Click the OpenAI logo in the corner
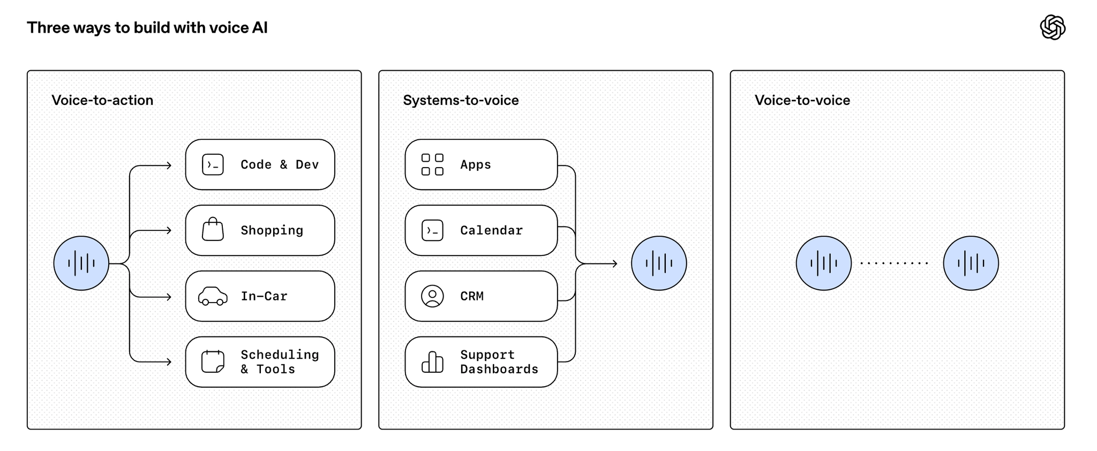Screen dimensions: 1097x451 coord(1053,27)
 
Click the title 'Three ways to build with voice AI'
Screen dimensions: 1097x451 coord(147,28)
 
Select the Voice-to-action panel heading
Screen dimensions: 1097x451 coord(102,100)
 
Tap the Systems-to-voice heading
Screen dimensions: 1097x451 coord(461,100)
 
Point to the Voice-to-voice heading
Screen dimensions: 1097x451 coord(802,100)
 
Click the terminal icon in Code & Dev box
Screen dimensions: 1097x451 coord(213,165)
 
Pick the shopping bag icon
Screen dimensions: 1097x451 coord(213,229)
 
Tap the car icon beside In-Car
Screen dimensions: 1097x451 coord(213,296)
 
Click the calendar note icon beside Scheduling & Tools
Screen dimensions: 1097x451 coord(213,362)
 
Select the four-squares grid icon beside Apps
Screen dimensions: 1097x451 coord(432,164)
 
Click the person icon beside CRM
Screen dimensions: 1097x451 coord(432,296)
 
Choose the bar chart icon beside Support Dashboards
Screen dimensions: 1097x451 coord(432,362)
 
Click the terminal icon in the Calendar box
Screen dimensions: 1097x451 coord(432,230)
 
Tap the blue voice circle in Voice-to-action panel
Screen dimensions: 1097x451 coord(81,264)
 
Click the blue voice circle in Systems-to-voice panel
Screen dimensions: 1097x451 coord(659,264)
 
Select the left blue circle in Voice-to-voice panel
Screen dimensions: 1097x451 coord(824,264)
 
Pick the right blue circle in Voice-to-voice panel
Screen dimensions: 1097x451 coord(971,264)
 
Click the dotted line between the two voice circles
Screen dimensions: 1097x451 coord(894,264)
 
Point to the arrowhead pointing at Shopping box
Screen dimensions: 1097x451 coord(169,230)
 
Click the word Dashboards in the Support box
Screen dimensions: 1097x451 coord(499,369)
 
